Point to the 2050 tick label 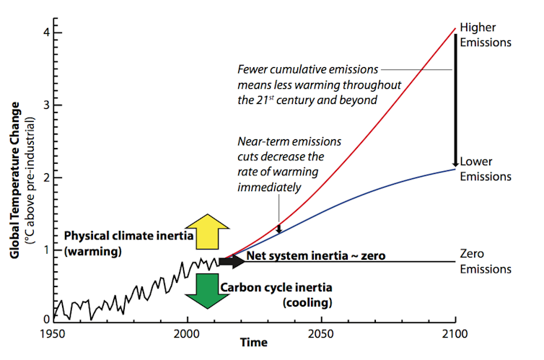(321, 334)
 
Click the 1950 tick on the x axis (54, 334)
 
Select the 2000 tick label (188, 334)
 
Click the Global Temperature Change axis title (15, 176)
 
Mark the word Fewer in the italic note (253, 70)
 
